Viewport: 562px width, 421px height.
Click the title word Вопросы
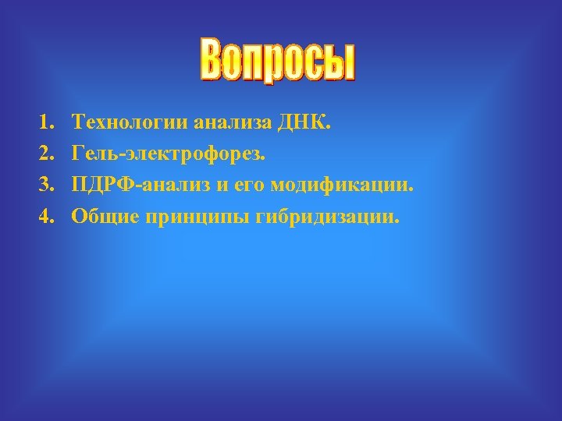tap(279, 61)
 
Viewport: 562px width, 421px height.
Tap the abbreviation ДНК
tap(305, 122)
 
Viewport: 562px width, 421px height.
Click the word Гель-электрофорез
tap(168, 154)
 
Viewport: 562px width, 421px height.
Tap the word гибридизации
tap(327, 217)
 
